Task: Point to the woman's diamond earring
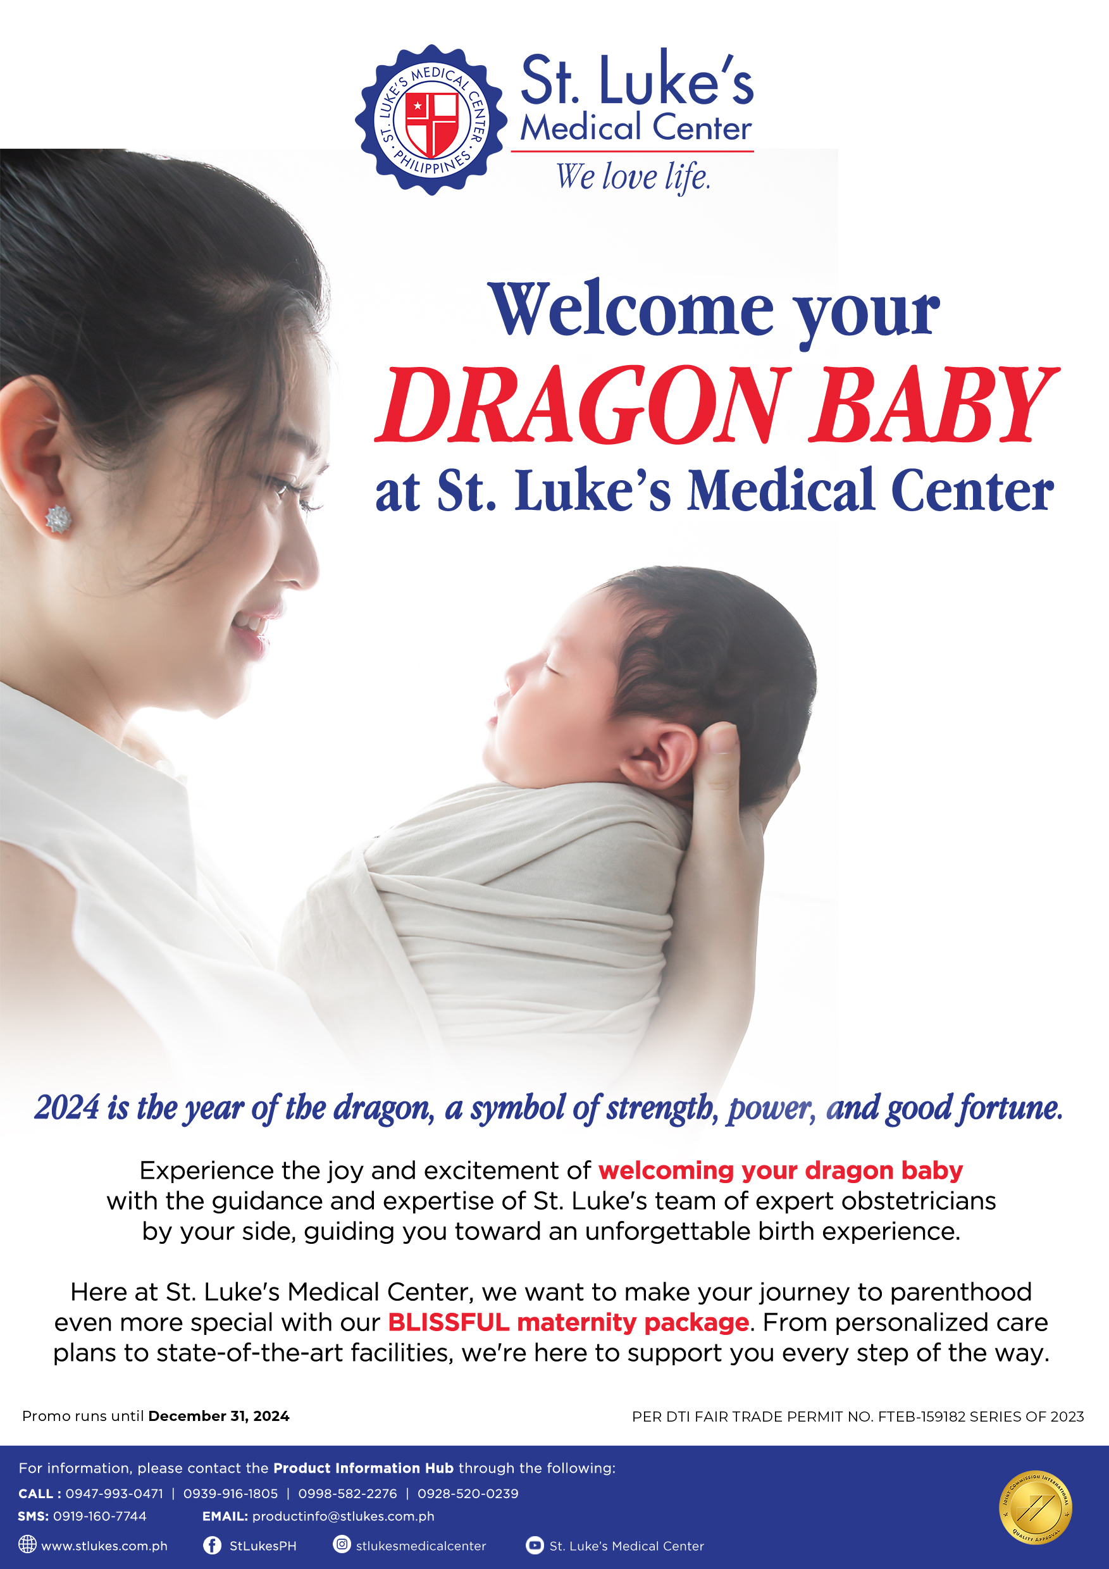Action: (x=58, y=519)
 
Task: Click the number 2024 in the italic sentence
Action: (x=67, y=1108)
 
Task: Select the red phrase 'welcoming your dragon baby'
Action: (x=780, y=1170)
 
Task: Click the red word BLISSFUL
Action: (x=449, y=1322)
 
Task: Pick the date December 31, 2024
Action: (x=219, y=1416)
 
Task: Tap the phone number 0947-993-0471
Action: (x=114, y=1493)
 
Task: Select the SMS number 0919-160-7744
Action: (x=100, y=1516)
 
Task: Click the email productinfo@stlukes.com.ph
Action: (x=343, y=1516)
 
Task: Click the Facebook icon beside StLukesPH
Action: (x=213, y=1545)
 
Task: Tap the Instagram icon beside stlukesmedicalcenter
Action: (x=342, y=1544)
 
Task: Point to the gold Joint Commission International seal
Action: (x=1035, y=1508)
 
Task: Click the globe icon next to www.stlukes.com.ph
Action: (x=27, y=1544)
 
